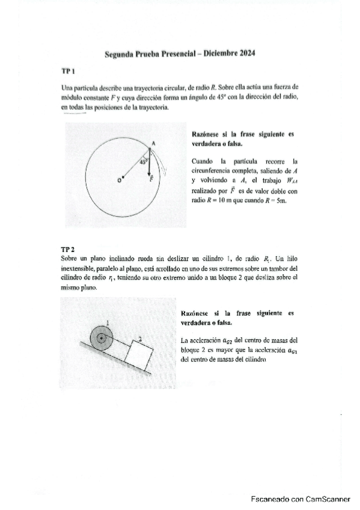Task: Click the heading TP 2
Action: pyautogui.click(x=67, y=248)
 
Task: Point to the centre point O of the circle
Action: pyautogui.click(x=123, y=178)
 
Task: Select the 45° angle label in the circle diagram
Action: pyautogui.click(x=143, y=161)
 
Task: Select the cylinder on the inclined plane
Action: pyautogui.click(x=102, y=339)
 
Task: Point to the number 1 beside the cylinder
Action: pyautogui.click(x=107, y=324)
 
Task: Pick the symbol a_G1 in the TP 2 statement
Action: pyautogui.click(x=291, y=351)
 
